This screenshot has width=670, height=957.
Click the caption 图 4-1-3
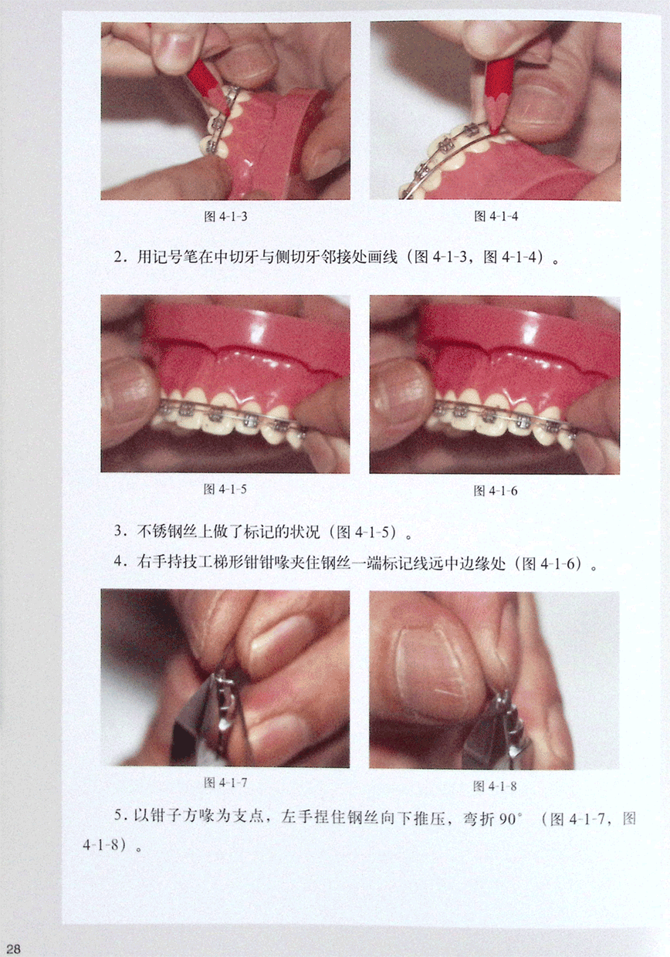point(225,217)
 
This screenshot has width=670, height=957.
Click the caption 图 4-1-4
point(496,216)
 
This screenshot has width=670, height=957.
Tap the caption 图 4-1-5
point(225,489)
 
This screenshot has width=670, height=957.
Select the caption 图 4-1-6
point(496,491)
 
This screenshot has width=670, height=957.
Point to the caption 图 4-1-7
point(225,783)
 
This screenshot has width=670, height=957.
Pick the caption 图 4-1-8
point(495,786)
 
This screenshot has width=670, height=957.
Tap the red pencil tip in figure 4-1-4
point(496,130)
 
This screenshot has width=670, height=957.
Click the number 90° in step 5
point(511,819)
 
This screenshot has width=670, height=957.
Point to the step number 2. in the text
point(119,257)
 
